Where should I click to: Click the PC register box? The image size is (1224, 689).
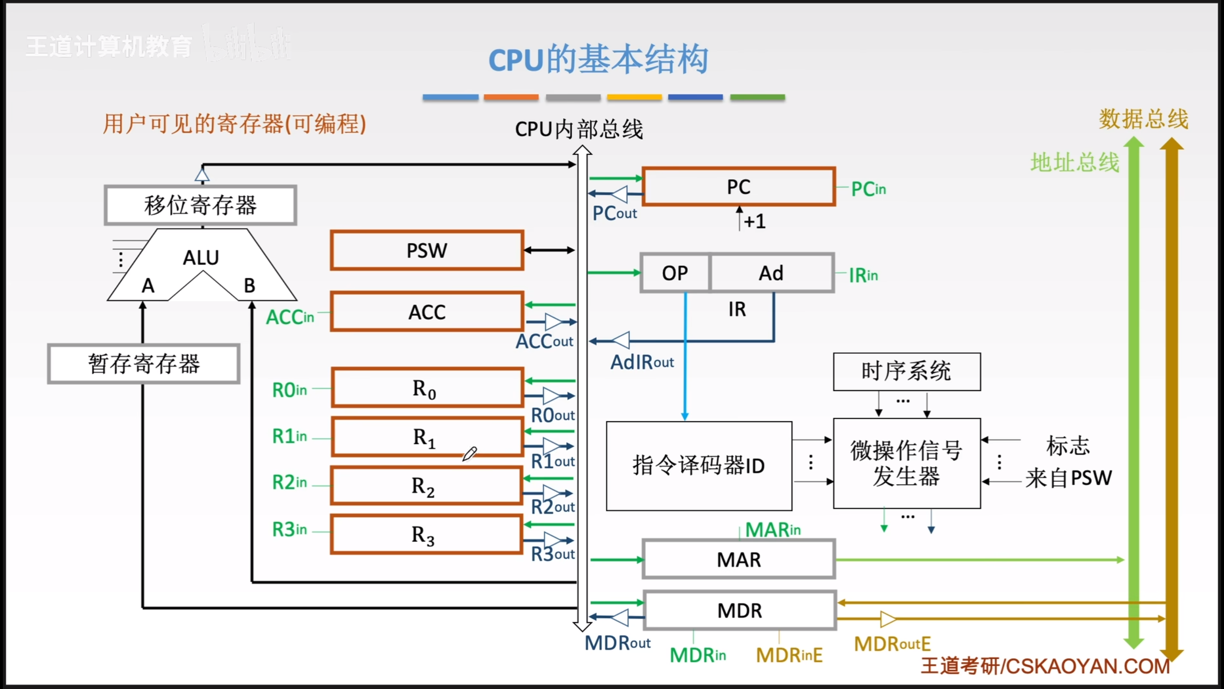pos(739,187)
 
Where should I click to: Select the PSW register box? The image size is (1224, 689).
pos(427,250)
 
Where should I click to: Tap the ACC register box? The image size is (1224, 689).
pos(427,312)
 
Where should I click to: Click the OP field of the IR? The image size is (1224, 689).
pos(675,273)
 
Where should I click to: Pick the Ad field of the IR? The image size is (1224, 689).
pos(771,273)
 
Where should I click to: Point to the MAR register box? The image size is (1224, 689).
pos(739,559)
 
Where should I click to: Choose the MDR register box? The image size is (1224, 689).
pos(740,611)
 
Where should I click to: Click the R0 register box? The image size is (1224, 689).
pos(427,388)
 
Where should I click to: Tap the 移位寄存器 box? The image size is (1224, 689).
pos(200,205)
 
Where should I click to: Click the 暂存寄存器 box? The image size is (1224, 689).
pos(143,364)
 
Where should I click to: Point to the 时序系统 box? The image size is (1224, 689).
pos(907,372)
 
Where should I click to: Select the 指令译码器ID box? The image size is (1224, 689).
pos(699,466)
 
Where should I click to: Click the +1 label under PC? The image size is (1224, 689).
pos(754,222)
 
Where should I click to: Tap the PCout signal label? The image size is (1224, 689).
pos(615,213)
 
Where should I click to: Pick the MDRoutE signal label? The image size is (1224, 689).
pos(892,644)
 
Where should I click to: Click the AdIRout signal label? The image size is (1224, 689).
pos(642,363)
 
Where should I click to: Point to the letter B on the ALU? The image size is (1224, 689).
pos(250,286)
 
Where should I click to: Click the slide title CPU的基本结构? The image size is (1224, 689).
pos(598,59)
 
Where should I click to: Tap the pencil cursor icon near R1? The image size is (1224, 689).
pos(469,454)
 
